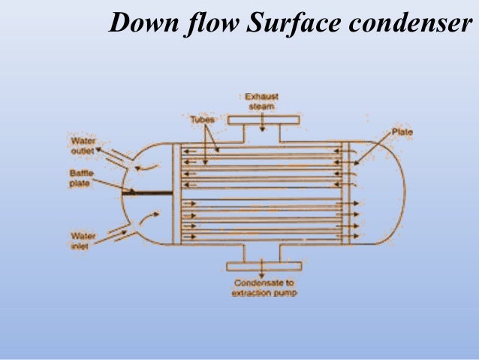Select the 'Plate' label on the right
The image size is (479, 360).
[401, 133]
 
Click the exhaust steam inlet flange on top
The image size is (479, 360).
[262, 120]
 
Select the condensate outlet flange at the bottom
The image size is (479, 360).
[262, 265]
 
